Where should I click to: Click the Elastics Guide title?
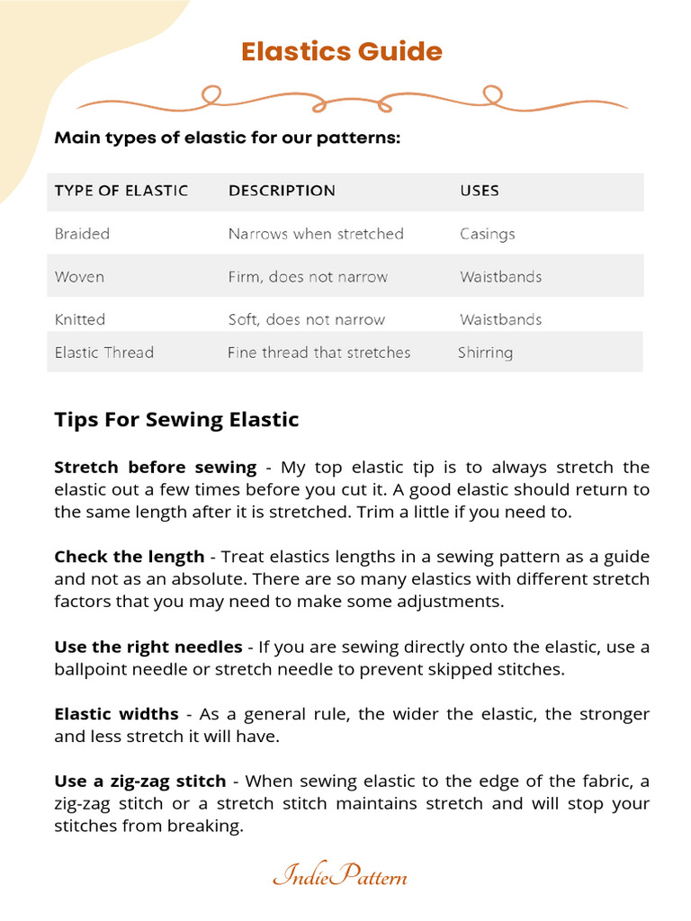coord(342,51)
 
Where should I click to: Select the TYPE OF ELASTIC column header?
coord(121,191)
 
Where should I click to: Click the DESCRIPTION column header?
coord(282,191)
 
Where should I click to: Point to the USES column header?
coord(480,191)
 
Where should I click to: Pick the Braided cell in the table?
coord(82,234)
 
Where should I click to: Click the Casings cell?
coord(487,234)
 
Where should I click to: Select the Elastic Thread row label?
coord(104,353)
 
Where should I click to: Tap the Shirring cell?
coord(485,353)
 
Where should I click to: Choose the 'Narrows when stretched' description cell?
coord(316,234)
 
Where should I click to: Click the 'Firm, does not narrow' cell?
coord(308,277)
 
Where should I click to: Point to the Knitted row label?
coord(80,319)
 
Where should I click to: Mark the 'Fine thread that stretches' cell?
coord(319,353)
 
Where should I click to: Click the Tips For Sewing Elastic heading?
coord(176,419)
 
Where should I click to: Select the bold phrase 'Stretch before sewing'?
coord(156,468)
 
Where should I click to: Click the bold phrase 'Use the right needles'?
coord(148,647)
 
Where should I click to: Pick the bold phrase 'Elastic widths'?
coord(117,714)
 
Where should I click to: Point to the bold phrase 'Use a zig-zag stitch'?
coord(146,782)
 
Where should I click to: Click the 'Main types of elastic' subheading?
coord(227,139)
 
